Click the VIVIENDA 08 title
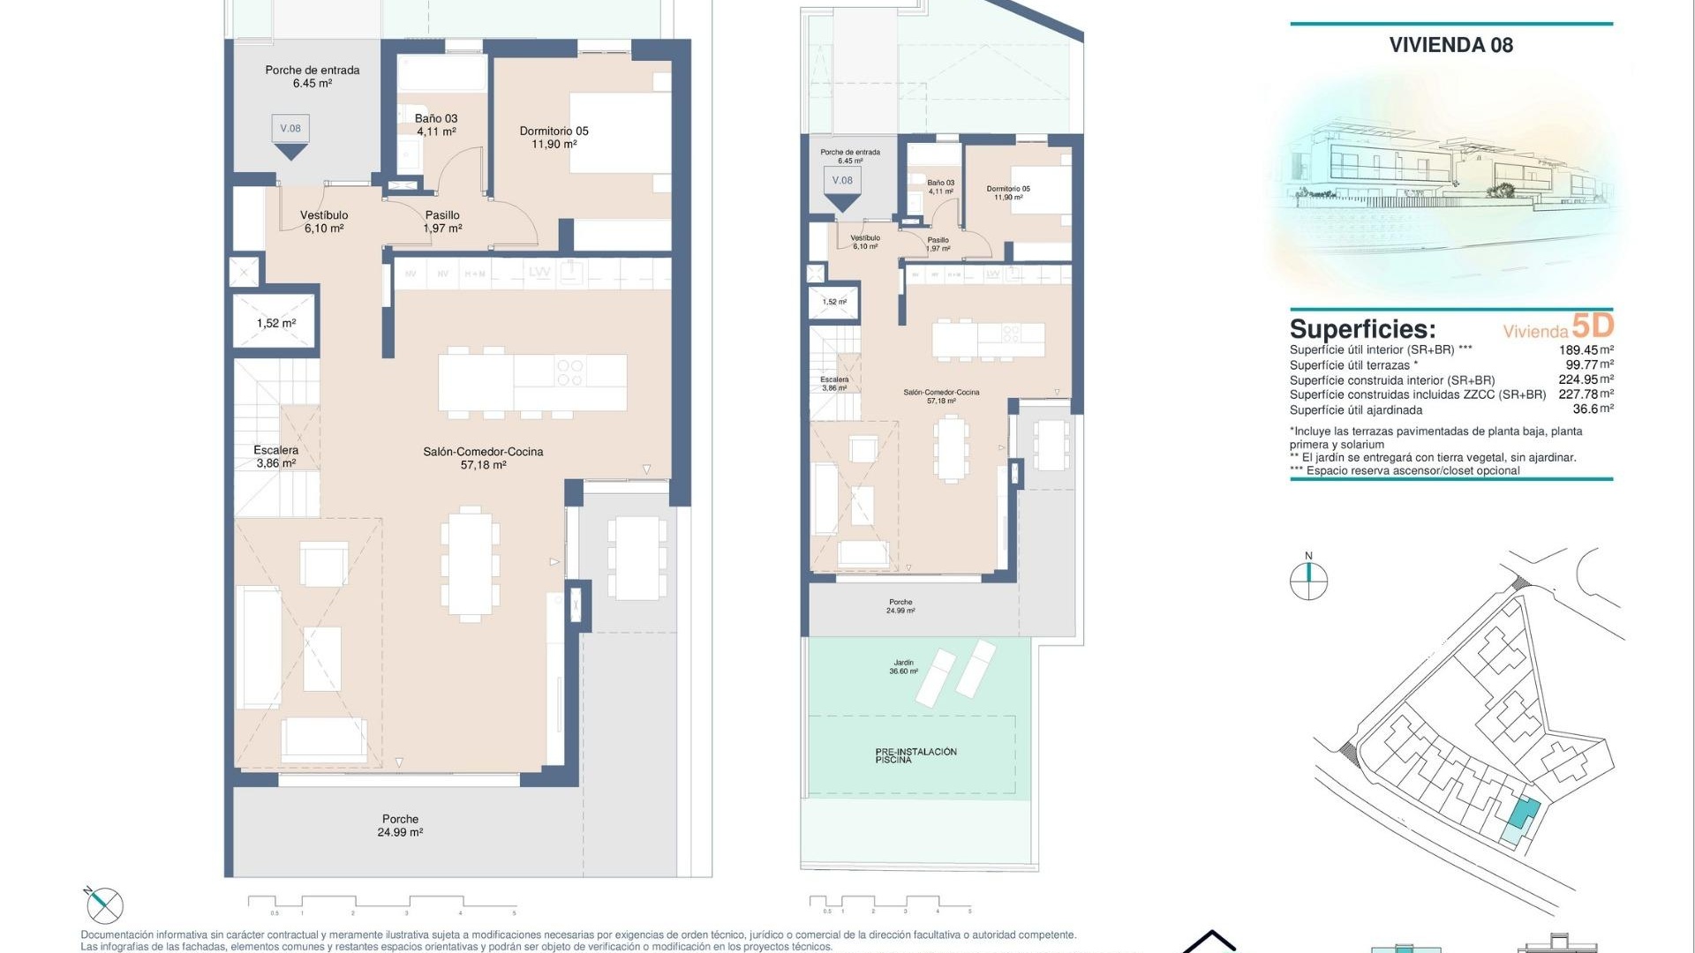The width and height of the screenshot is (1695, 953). coord(1450,45)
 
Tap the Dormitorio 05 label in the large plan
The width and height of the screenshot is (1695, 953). coord(554,131)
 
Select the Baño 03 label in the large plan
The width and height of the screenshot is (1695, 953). coord(436,119)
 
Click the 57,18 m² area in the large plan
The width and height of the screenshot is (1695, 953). coord(483,465)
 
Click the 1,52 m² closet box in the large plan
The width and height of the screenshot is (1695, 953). coord(275,323)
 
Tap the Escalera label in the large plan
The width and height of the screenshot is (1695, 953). coord(275,450)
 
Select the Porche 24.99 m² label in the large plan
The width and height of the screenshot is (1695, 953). coord(400,825)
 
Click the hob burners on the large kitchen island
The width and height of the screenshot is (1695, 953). coord(570,372)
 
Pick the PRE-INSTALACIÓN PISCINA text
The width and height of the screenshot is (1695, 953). coord(915,755)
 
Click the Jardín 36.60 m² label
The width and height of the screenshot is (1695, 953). coord(903,667)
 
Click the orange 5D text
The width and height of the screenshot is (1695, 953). coord(1593,326)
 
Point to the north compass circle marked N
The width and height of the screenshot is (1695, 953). coord(1308,581)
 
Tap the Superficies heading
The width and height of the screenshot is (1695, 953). coord(1362,329)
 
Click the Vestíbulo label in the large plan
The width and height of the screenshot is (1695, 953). coord(324,215)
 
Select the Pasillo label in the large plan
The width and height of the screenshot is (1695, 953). coord(442,215)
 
